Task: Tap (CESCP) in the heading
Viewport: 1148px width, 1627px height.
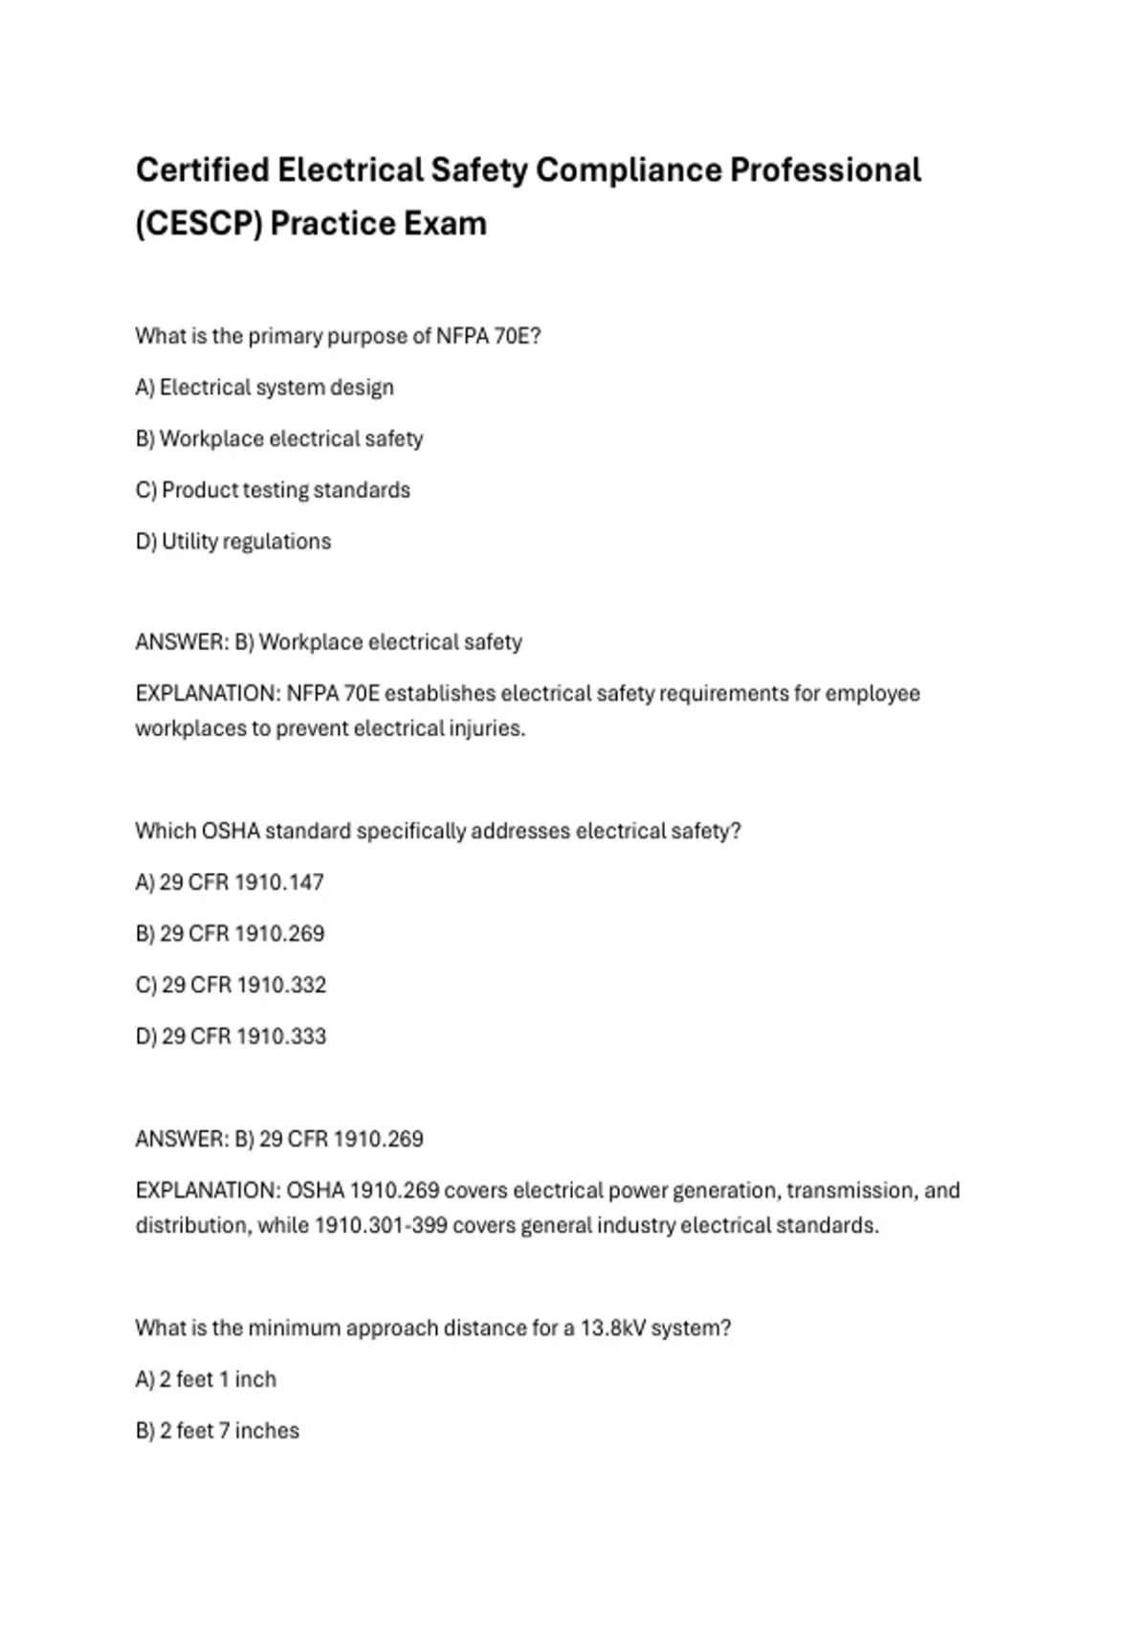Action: [x=198, y=224]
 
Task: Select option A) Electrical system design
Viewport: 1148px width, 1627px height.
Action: [x=264, y=388]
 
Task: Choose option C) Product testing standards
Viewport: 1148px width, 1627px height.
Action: [x=273, y=490]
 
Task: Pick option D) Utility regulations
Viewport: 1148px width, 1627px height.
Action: [x=233, y=542]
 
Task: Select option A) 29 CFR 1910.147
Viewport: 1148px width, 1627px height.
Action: [x=230, y=882]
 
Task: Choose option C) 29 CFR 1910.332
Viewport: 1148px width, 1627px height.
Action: [x=231, y=985]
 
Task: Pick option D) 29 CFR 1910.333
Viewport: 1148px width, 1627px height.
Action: [x=231, y=1036]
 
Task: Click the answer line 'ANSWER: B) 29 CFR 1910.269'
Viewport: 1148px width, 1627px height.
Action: [x=279, y=1139]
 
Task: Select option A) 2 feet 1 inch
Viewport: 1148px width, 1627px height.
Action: [x=206, y=1380]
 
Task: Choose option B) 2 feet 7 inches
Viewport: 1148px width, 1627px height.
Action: [x=217, y=1431]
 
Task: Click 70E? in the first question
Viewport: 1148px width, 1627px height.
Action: [x=518, y=337]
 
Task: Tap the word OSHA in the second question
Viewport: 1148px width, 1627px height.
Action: [x=231, y=832]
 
